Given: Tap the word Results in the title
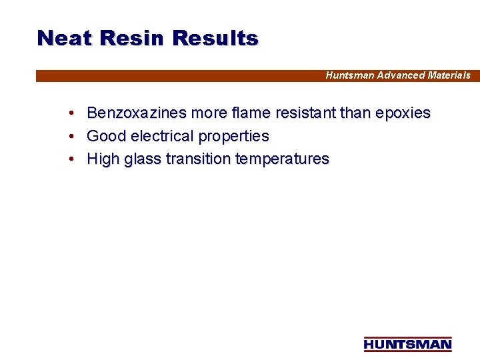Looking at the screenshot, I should (215, 38).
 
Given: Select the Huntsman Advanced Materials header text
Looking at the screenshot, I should (397, 75).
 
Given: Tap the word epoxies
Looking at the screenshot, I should (403, 114).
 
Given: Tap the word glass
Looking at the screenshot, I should (143, 159).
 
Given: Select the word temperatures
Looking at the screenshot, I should (282, 159).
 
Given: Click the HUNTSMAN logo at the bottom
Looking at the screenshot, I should (407, 344).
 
